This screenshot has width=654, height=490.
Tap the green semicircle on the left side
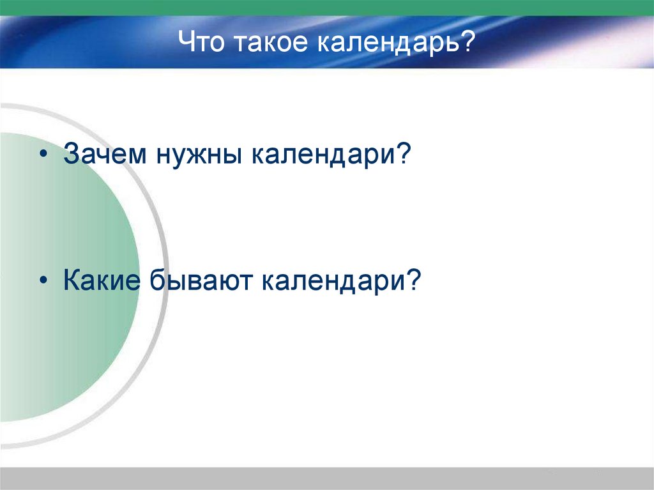tap(64, 275)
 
